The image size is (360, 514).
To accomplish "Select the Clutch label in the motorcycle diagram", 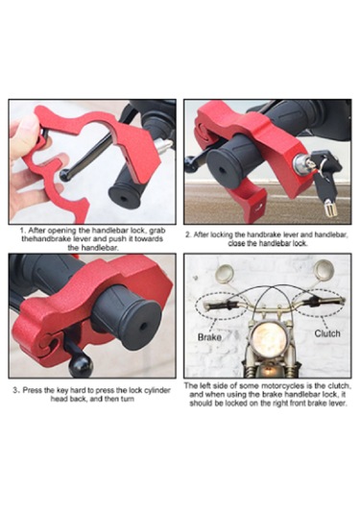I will click(x=326, y=333).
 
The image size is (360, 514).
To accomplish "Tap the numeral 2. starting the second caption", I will click(x=188, y=233).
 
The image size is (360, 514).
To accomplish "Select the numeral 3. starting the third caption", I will click(x=17, y=389).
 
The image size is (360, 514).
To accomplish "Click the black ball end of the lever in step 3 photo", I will click(x=80, y=366).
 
